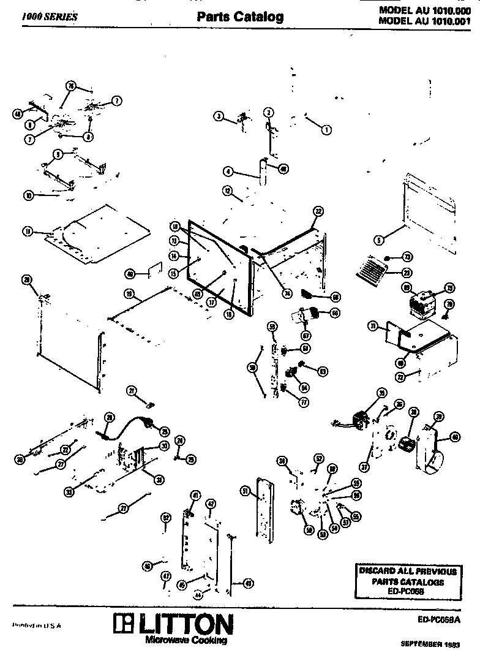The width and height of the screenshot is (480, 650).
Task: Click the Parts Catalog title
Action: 239,17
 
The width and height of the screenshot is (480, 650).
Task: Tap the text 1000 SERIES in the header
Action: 50,17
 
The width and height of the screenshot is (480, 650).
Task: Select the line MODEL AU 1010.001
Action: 424,20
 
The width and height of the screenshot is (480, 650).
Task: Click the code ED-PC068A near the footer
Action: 437,619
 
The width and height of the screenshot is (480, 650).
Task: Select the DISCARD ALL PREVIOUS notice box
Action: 407,581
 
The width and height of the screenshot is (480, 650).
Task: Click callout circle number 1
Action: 326,129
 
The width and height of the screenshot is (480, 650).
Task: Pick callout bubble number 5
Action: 379,240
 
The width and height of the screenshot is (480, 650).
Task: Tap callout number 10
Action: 28,196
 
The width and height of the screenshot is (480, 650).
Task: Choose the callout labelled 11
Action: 27,231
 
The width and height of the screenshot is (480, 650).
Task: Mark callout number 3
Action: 219,116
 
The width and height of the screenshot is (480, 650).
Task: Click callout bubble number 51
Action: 244,491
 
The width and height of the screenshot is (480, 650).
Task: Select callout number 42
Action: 210,504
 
